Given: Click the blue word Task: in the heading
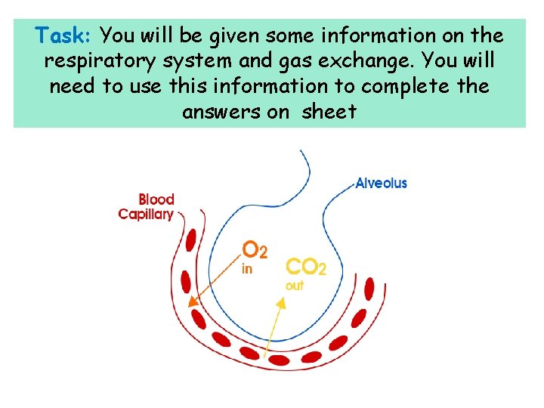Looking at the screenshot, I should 64,36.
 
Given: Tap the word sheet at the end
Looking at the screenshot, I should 329,112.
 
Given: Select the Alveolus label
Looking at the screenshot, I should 381,183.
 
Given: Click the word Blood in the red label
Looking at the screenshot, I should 156,199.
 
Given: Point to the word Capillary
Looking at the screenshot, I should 146,215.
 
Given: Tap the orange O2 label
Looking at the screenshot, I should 254,249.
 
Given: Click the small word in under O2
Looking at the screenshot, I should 246,269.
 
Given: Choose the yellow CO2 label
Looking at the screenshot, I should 305,267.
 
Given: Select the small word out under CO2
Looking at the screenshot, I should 294,286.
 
